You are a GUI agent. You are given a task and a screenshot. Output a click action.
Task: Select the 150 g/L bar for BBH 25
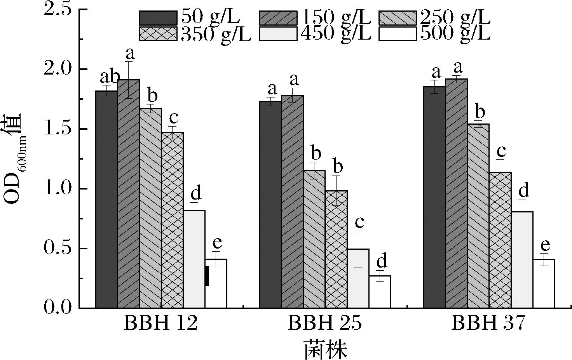[292, 202]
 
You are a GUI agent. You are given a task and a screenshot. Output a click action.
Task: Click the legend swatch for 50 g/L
[158, 18]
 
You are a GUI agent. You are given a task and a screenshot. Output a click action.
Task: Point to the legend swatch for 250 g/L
[398, 18]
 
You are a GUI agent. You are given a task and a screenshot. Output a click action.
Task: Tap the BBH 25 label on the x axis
[325, 323]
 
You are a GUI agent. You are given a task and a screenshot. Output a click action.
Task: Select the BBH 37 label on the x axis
[488, 323]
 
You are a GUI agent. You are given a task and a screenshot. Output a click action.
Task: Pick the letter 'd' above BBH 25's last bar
[382, 261]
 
